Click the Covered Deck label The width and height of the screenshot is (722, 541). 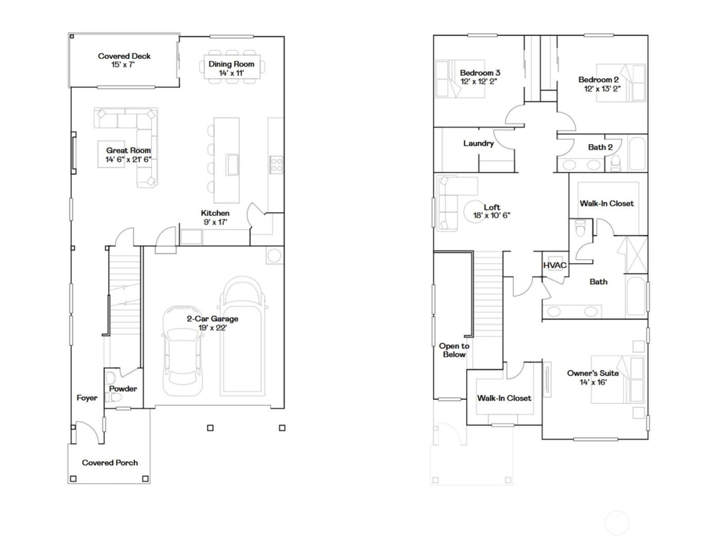[x=124, y=56]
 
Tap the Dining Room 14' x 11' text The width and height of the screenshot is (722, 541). [x=231, y=69]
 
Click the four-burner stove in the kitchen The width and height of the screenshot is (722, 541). [x=276, y=165]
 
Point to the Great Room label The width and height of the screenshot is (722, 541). [x=128, y=150]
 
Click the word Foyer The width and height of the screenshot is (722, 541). [x=87, y=398]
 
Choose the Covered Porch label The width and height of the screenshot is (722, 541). [x=110, y=463]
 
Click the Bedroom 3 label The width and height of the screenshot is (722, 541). [x=480, y=73]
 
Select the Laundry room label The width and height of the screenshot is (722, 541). [x=478, y=143]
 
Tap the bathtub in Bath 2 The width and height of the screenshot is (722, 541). [x=636, y=153]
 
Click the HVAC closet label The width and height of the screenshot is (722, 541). [x=555, y=265]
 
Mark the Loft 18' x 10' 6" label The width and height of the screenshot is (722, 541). [x=491, y=211]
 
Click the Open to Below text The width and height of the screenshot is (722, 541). [x=454, y=350]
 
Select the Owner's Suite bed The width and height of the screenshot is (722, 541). [x=618, y=381]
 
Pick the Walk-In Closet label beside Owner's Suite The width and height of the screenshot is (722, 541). [x=504, y=398]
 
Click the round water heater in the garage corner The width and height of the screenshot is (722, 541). [x=274, y=256]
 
